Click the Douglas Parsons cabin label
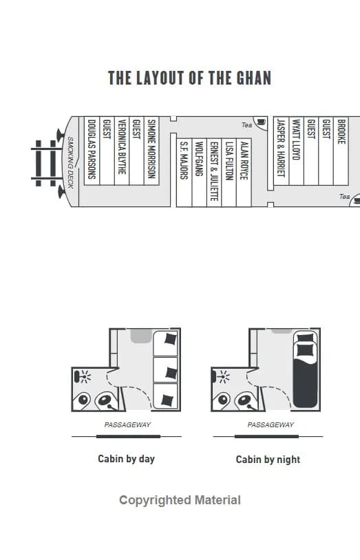point(92,149)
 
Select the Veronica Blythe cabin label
point(122,147)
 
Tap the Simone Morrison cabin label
point(152,149)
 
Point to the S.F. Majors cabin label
point(184,160)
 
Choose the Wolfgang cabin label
point(199,159)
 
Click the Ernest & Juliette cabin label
point(214,171)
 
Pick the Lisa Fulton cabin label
point(229,161)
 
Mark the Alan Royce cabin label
point(244,161)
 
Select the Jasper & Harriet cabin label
point(281,148)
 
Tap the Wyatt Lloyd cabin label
point(297,139)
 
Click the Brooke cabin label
point(341,131)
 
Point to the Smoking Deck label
point(70,162)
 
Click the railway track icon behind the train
point(45,163)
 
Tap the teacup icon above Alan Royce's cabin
point(261,122)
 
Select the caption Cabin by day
point(126,459)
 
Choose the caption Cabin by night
point(268,460)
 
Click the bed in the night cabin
point(306,369)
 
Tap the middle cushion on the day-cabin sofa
point(171,373)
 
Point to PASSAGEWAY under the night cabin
point(271,424)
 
